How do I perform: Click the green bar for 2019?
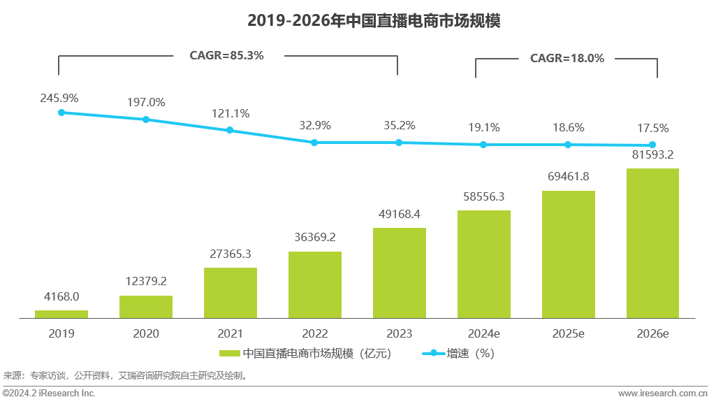(x=61, y=315)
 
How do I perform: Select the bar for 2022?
(x=314, y=285)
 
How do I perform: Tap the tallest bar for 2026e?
(x=652, y=243)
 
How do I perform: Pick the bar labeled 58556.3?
(x=483, y=264)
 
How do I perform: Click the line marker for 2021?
(x=230, y=130)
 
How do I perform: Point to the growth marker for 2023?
(x=399, y=143)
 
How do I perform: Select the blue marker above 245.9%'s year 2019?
(x=61, y=113)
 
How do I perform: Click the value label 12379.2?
(x=146, y=281)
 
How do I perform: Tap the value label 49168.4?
(x=399, y=214)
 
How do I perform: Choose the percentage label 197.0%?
(x=146, y=103)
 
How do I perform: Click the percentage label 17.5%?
(x=652, y=129)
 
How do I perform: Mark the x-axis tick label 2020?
(x=146, y=334)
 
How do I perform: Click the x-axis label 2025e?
(x=568, y=334)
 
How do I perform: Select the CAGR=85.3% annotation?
(x=227, y=55)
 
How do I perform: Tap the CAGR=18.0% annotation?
(x=567, y=59)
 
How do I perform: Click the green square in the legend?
(x=229, y=354)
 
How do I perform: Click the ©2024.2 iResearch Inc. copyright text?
(x=49, y=394)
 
